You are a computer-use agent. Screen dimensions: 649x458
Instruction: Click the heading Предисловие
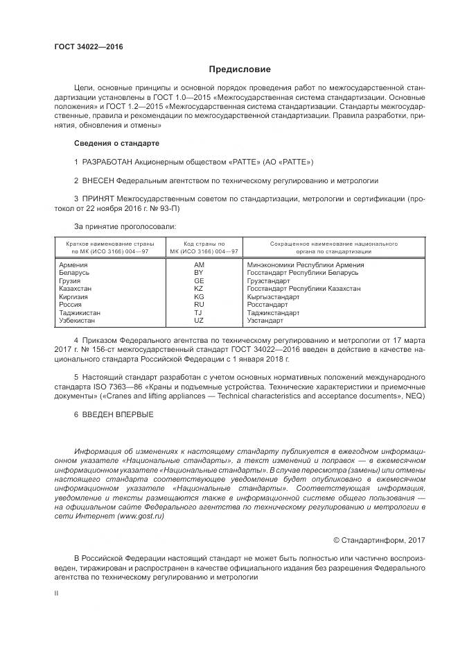pyautogui.click(x=240, y=69)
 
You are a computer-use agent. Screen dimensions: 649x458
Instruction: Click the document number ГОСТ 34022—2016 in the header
pyautogui.click(x=88, y=47)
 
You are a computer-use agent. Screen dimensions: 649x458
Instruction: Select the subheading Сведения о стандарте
pyautogui.click(x=116, y=143)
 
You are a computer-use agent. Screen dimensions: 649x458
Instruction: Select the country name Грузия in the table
pyautogui.click(x=71, y=280)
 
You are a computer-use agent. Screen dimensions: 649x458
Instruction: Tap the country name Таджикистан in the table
pyautogui.click(x=80, y=312)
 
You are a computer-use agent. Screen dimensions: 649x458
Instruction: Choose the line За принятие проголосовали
pyautogui.click(x=125, y=226)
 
